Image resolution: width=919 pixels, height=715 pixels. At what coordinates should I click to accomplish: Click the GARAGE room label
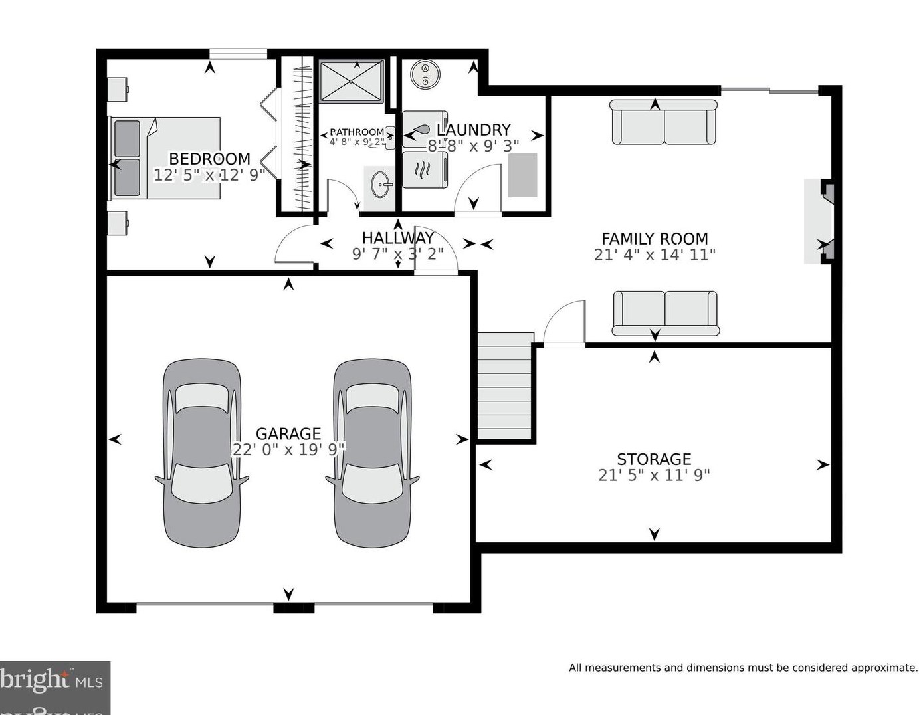pyautogui.click(x=288, y=433)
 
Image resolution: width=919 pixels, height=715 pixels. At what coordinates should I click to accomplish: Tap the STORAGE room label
pyautogui.click(x=654, y=459)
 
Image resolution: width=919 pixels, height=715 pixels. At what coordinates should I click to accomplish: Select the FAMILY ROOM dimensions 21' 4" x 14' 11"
pyautogui.click(x=654, y=255)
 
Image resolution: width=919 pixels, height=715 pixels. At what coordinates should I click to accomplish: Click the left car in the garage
pyautogui.click(x=201, y=453)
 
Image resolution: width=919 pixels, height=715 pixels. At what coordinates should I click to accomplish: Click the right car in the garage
pyautogui.click(x=372, y=453)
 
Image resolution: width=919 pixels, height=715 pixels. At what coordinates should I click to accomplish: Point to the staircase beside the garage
pyautogui.click(x=505, y=385)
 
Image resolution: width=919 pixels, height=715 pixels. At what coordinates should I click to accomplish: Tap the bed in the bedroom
pyautogui.click(x=165, y=158)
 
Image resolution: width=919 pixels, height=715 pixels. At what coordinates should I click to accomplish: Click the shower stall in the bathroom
pyautogui.click(x=352, y=82)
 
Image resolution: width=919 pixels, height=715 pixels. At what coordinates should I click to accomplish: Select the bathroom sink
pyautogui.click(x=379, y=184)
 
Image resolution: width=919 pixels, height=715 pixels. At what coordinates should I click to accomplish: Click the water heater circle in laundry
pyautogui.click(x=423, y=74)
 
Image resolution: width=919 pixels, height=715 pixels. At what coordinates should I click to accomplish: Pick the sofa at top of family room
pyautogui.click(x=664, y=122)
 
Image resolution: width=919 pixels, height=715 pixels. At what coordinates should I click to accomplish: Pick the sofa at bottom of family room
pyautogui.click(x=665, y=313)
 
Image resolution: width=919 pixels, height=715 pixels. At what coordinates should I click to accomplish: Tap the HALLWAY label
pyautogui.click(x=397, y=237)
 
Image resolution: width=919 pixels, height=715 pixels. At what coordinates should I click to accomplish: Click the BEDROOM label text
pyautogui.click(x=209, y=159)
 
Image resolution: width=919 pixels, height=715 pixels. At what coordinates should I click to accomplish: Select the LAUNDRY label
pyautogui.click(x=473, y=130)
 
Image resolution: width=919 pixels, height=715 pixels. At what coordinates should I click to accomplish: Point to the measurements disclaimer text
pyautogui.click(x=742, y=668)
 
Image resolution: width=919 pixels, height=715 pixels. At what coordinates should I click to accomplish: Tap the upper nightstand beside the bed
pyautogui.click(x=118, y=88)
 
